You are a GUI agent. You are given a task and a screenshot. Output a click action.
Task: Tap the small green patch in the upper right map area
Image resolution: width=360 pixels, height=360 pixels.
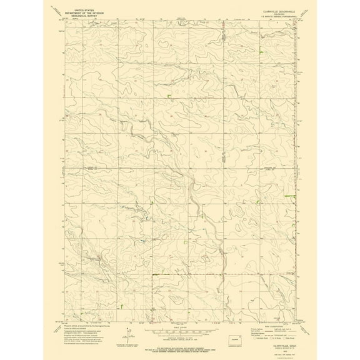[x=261, y=50]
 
